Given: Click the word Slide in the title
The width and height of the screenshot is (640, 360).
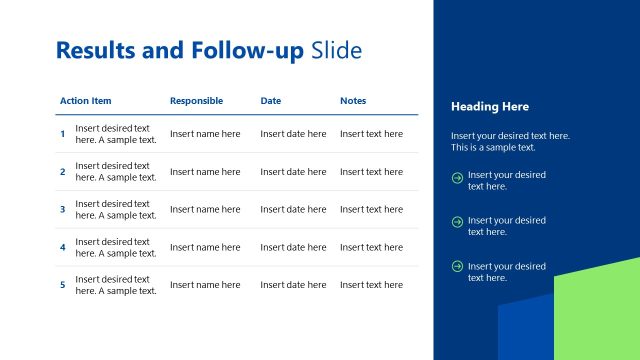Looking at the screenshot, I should (336, 50).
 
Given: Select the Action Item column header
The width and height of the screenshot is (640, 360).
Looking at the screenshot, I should (86, 101).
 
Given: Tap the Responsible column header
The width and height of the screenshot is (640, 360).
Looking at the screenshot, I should (196, 101).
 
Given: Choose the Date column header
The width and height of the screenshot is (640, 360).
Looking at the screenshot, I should (271, 101).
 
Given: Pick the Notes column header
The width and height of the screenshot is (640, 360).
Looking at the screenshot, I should (353, 101).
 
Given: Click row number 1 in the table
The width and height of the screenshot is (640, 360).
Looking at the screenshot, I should (62, 134).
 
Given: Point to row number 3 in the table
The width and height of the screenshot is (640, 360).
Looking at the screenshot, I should (62, 210).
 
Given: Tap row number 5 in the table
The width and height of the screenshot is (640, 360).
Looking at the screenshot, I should (62, 285).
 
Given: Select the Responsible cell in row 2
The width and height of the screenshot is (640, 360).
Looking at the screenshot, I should (205, 172).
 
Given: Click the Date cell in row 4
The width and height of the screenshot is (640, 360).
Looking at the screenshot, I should (293, 247).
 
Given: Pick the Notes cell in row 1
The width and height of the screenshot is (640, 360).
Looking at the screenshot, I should (371, 134).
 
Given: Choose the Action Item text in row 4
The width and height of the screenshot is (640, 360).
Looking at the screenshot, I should (116, 247).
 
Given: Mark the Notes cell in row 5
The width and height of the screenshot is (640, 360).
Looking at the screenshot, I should (371, 285).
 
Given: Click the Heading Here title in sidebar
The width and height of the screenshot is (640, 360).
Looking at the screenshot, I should (490, 107).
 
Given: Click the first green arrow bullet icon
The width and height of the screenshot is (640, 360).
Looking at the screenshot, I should (457, 179).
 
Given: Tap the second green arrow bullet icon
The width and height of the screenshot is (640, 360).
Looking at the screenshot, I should (457, 222).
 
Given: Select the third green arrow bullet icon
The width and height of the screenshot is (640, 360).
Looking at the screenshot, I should (457, 266).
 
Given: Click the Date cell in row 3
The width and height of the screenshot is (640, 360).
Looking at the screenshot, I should (293, 210).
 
